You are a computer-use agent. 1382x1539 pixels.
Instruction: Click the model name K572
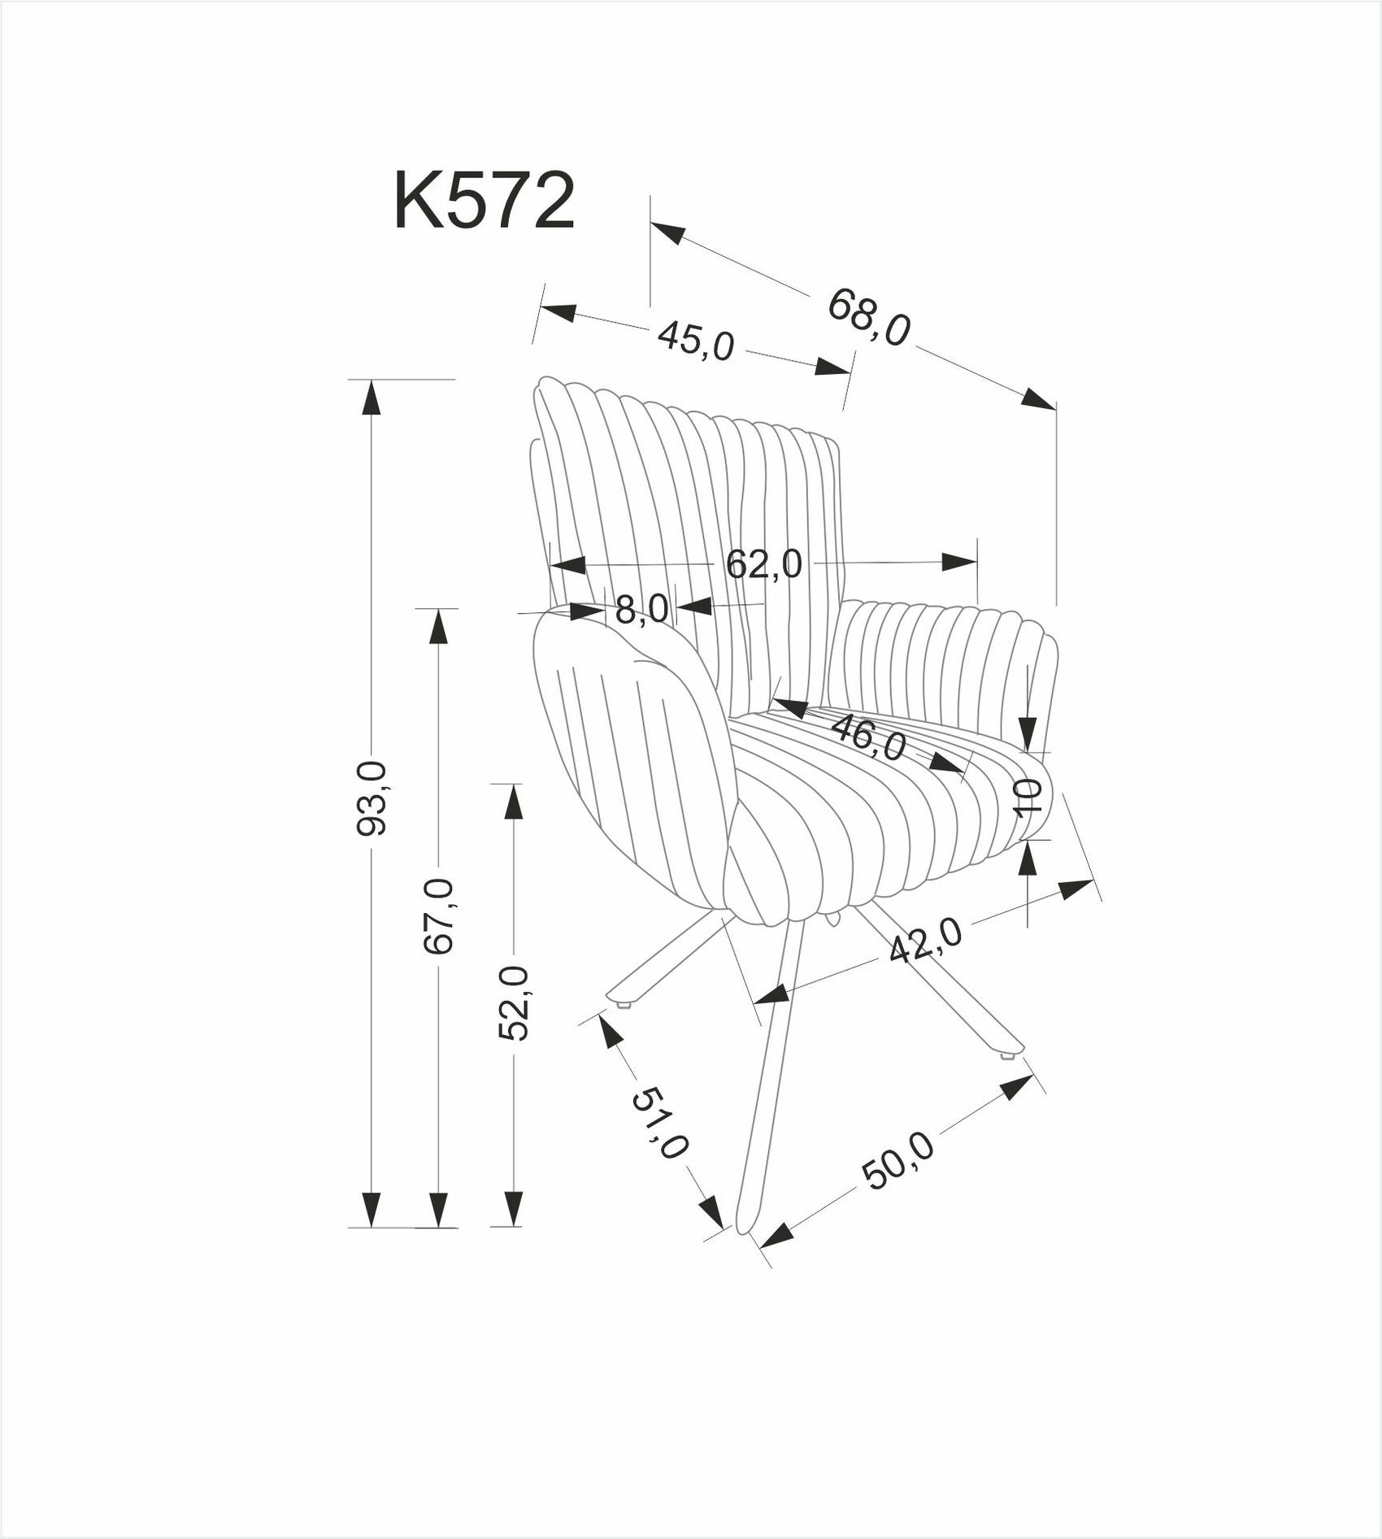[x=485, y=201]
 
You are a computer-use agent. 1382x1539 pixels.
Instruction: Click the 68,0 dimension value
[x=868, y=317]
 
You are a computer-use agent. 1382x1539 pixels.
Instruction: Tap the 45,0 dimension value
[x=696, y=340]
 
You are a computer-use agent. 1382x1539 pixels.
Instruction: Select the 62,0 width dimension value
[x=763, y=563]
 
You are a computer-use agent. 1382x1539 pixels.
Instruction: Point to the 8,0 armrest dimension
[x=641, y=609]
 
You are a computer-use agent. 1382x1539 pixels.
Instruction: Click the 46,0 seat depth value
[x=867, y=737]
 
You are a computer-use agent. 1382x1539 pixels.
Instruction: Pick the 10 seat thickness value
[x=1028, y=797]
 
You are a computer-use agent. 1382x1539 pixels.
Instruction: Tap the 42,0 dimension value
[x=926, y=940]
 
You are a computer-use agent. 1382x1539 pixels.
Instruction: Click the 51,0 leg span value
[x=660, y=1123]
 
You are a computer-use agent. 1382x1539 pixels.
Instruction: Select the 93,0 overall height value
[x=372, y=798]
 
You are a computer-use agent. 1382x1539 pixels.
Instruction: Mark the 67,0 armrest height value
[x=439, y=915]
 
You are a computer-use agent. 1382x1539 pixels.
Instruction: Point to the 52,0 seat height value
[x=513, y=1003]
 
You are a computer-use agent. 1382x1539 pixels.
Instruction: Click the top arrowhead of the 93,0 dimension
[x=372, y=398]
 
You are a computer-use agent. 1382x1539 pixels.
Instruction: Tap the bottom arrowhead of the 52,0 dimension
[x=513, y=1208]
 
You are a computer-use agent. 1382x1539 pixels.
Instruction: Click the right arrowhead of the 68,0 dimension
[x=1039, y=398]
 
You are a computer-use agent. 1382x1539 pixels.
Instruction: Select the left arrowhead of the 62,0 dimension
[x=568, y=565]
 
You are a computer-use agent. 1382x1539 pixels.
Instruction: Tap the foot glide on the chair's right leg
[x=1007, y=1056]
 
